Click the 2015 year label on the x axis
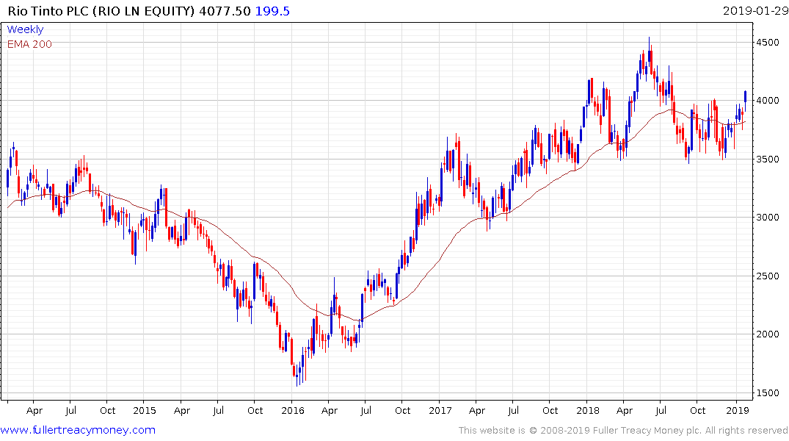pos(145,410)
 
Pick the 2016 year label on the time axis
pos(293,410)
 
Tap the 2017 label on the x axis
pos(440,410)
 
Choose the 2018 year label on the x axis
pos(588,410)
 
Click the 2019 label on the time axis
pos(736,410)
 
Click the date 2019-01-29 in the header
pos(753,10)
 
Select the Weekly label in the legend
pos(25,29)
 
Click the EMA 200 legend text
pos(29,43)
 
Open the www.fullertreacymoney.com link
pos(79,430)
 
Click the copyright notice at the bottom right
pos(623,430)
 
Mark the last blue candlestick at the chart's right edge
pos(746,96)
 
